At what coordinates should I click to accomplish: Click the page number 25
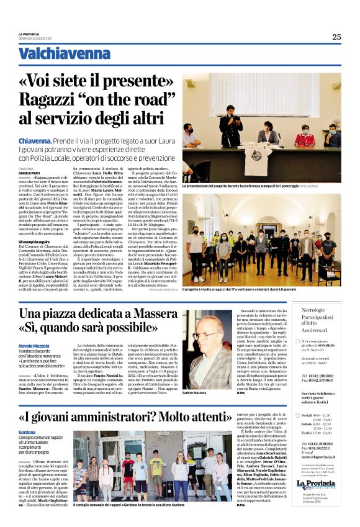point(336,37)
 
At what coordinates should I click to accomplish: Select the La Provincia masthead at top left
point(29,34)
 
